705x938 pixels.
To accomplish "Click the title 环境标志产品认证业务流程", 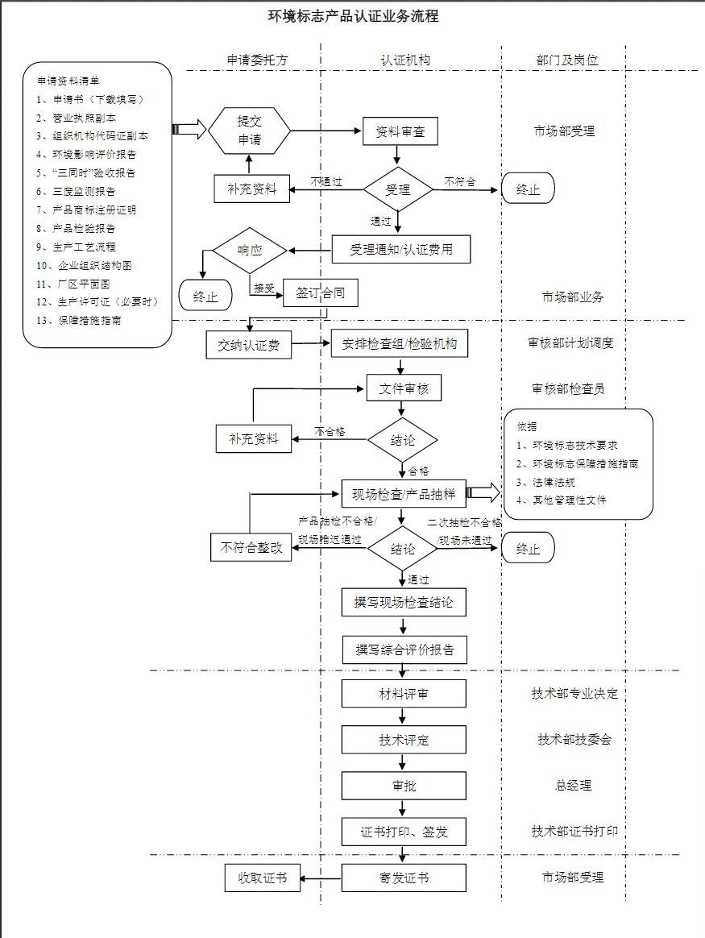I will (x=353, y=16).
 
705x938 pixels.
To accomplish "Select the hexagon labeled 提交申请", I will (x=249, y=131).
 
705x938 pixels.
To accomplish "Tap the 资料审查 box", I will (x=395, y=131).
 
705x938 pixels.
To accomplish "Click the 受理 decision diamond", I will (x=398, y=190).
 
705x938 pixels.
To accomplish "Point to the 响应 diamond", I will (x=249, y=250).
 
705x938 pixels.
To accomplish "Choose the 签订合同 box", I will (x=320, y=293).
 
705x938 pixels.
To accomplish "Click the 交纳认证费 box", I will (x=249, y=346).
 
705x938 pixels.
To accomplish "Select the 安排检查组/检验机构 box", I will (x=400, y=345).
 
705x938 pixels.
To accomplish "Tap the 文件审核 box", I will (x=404, y=389).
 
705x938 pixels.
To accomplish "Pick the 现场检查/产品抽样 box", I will (x=404, y=493).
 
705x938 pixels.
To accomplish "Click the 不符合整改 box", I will (x=251, y=548).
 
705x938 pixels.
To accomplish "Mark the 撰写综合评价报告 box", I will (x=404, y=649).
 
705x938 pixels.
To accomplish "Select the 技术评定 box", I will (x=404, y=740).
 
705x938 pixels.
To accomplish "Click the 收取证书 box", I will (x=262, y=878).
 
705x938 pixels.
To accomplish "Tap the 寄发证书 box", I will (x=404, y=878).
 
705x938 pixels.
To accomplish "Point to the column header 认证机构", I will (x=405, y=60).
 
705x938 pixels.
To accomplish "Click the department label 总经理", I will (x=574, y=786).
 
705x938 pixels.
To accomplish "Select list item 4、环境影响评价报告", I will (x=87, y=154).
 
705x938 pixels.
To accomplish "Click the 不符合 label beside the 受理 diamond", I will (x=459, y=182).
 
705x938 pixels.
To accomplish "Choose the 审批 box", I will (x=404, y=786).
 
